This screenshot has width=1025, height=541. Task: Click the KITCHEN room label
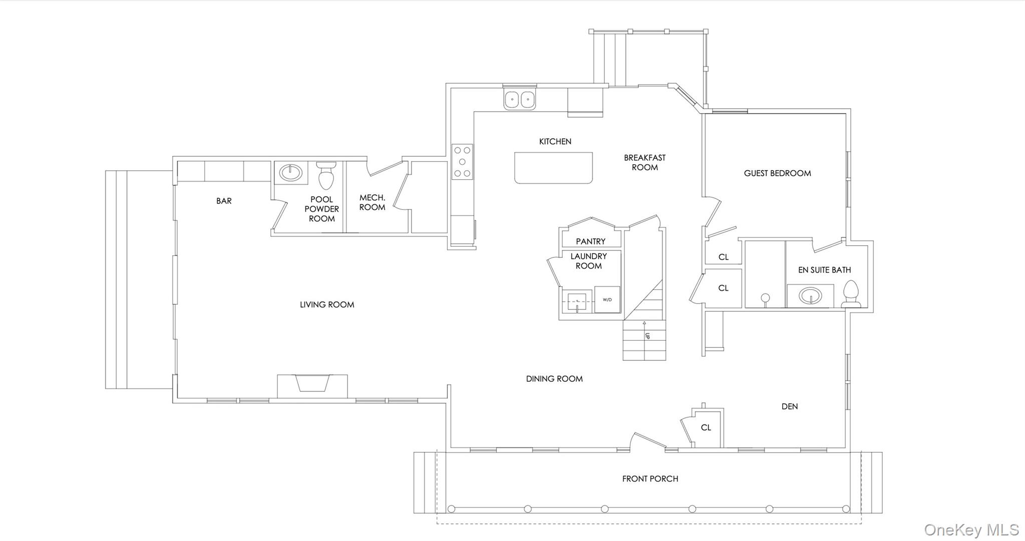555,142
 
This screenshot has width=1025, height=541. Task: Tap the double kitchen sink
520,100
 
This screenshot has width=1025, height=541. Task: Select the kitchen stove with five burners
462,161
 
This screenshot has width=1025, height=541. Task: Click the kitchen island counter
553,168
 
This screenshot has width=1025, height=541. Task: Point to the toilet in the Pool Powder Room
326,175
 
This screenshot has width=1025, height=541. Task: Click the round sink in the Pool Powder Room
291,173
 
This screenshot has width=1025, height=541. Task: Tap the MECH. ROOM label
372,202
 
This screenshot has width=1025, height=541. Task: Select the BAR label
224,201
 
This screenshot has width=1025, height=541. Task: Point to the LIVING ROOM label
327,304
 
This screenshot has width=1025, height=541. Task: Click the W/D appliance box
607,300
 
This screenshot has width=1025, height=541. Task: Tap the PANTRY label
590,241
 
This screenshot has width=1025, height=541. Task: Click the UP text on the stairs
647,336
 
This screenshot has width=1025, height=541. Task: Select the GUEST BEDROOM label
777,173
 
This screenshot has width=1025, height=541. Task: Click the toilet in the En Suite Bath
851,294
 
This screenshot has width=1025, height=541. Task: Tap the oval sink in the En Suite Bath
810,296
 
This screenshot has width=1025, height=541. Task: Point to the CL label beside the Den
706,427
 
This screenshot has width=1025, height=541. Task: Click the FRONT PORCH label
650,479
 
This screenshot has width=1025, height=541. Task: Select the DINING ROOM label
554,379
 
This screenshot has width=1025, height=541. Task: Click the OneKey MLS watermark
971,529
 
